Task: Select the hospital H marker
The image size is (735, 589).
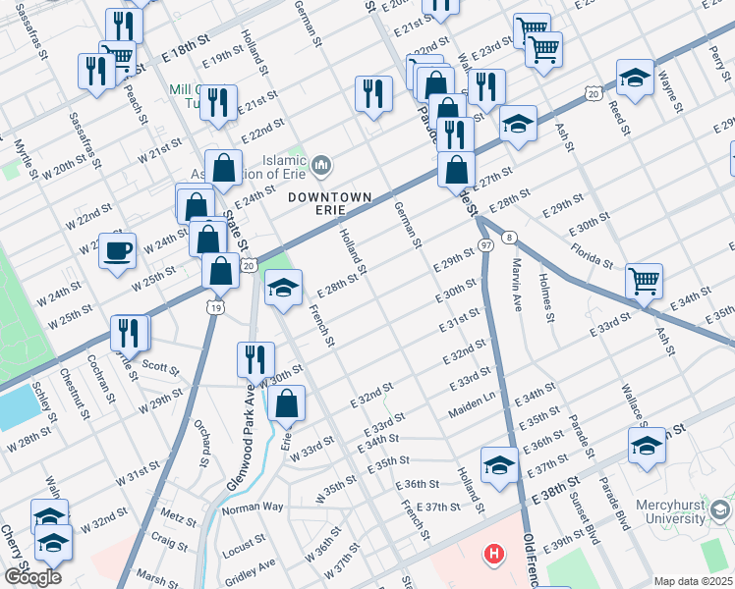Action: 493,555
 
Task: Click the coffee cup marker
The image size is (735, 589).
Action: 118,250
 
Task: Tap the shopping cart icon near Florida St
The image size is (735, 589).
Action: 644,281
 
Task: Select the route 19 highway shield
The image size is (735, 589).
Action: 214,308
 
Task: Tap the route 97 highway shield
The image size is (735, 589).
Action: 485,243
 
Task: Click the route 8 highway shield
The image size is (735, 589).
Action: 508,238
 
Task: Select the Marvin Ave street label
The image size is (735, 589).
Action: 517,285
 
